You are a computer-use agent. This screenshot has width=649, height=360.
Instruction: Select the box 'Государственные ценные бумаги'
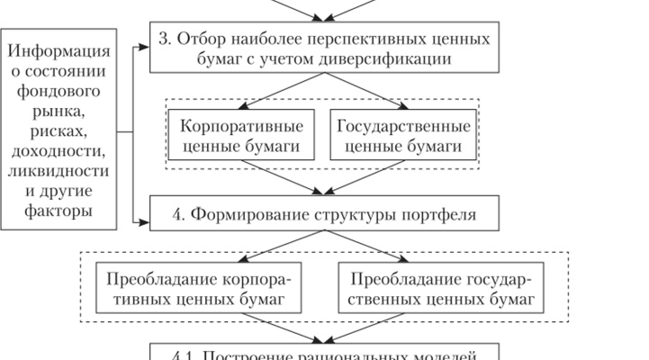(x=403, y=134)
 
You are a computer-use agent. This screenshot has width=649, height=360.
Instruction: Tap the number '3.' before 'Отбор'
(x=162, y=39)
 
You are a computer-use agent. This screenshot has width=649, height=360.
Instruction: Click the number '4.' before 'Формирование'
(x=178, y=215)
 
